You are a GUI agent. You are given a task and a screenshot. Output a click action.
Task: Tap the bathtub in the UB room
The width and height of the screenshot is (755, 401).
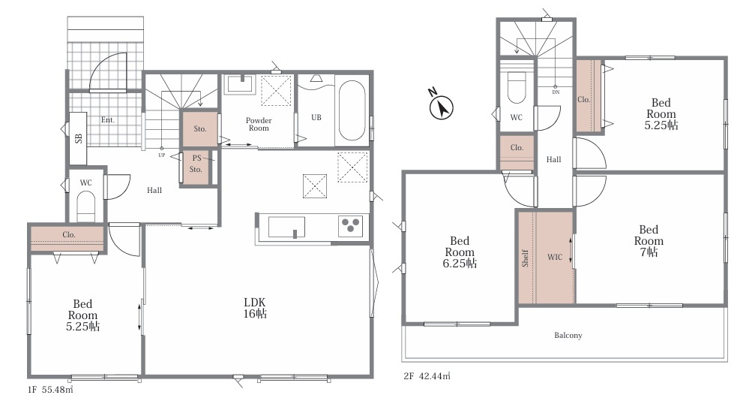click(x=352, y=110)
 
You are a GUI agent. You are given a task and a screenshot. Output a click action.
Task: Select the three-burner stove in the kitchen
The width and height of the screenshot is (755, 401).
click(x=350, y=225)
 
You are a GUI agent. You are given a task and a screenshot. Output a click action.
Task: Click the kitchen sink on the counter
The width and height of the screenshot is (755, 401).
click(x=286, y=227)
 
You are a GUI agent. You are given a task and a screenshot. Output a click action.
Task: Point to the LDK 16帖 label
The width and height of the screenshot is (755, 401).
click(x=255, y=308)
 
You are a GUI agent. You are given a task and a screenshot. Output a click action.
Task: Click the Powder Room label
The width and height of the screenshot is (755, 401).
click(x=259, y=125)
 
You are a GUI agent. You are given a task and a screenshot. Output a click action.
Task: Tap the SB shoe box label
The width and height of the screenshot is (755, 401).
click(x=79, y=138)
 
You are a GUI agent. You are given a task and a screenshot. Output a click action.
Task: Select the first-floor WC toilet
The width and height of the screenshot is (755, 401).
click(x=87, y=205)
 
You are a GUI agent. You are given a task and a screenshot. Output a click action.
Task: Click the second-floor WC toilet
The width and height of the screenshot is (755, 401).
click(x=517, y=87)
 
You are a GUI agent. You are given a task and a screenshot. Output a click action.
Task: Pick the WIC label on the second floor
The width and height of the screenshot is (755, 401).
click(x=555, y=258)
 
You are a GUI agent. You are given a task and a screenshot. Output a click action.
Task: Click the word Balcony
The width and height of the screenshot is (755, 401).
click(x=568, y=336)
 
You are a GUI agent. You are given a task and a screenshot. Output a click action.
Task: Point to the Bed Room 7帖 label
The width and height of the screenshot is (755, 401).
click(x=649, y=241)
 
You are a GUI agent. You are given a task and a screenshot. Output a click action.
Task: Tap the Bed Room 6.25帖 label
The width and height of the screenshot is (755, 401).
click(x=460, y=252)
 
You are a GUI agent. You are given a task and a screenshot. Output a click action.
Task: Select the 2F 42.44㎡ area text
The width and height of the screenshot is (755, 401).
click(x=427, y=376)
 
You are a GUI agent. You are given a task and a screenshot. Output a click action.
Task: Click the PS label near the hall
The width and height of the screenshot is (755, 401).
click(x=196, y=158)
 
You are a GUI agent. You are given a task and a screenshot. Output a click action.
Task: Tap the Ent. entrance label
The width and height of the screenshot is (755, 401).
click(x=108, y=119)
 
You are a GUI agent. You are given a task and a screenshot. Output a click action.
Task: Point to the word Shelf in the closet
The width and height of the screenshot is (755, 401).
click(x=526, y=258)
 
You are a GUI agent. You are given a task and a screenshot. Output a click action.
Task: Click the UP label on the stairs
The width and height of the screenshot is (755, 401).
click(x=162, y=155)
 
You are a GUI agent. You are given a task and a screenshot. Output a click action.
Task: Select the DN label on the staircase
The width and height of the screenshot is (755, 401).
click(x=556, y=92)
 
